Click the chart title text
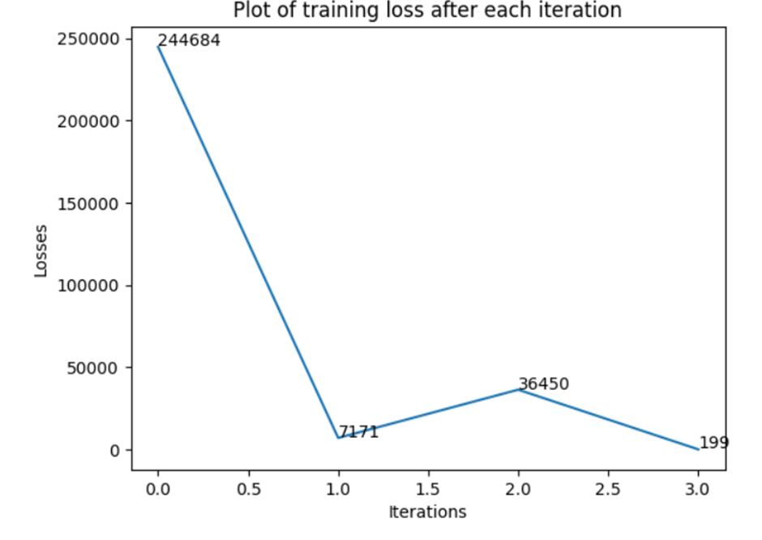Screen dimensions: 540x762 click(x=427, y=11)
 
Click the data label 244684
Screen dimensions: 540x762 click(x=189, y=40)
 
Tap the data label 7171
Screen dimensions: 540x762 click(x=358, y=431)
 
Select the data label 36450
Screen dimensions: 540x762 click(x=544, y=384)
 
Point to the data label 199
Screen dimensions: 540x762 click(x=714, y=443)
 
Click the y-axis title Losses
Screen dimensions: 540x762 click(x=41, y=251)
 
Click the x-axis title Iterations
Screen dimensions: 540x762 click(x=427, y=512)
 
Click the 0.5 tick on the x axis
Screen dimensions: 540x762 click(x=247, y=489)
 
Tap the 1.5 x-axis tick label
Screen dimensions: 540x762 click(x=427, y=489)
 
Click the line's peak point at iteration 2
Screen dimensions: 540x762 click(x=518, y=389)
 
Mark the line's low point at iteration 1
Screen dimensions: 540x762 click(x=338, y=438)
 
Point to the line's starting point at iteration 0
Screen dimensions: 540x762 click(x=158, y=47)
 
